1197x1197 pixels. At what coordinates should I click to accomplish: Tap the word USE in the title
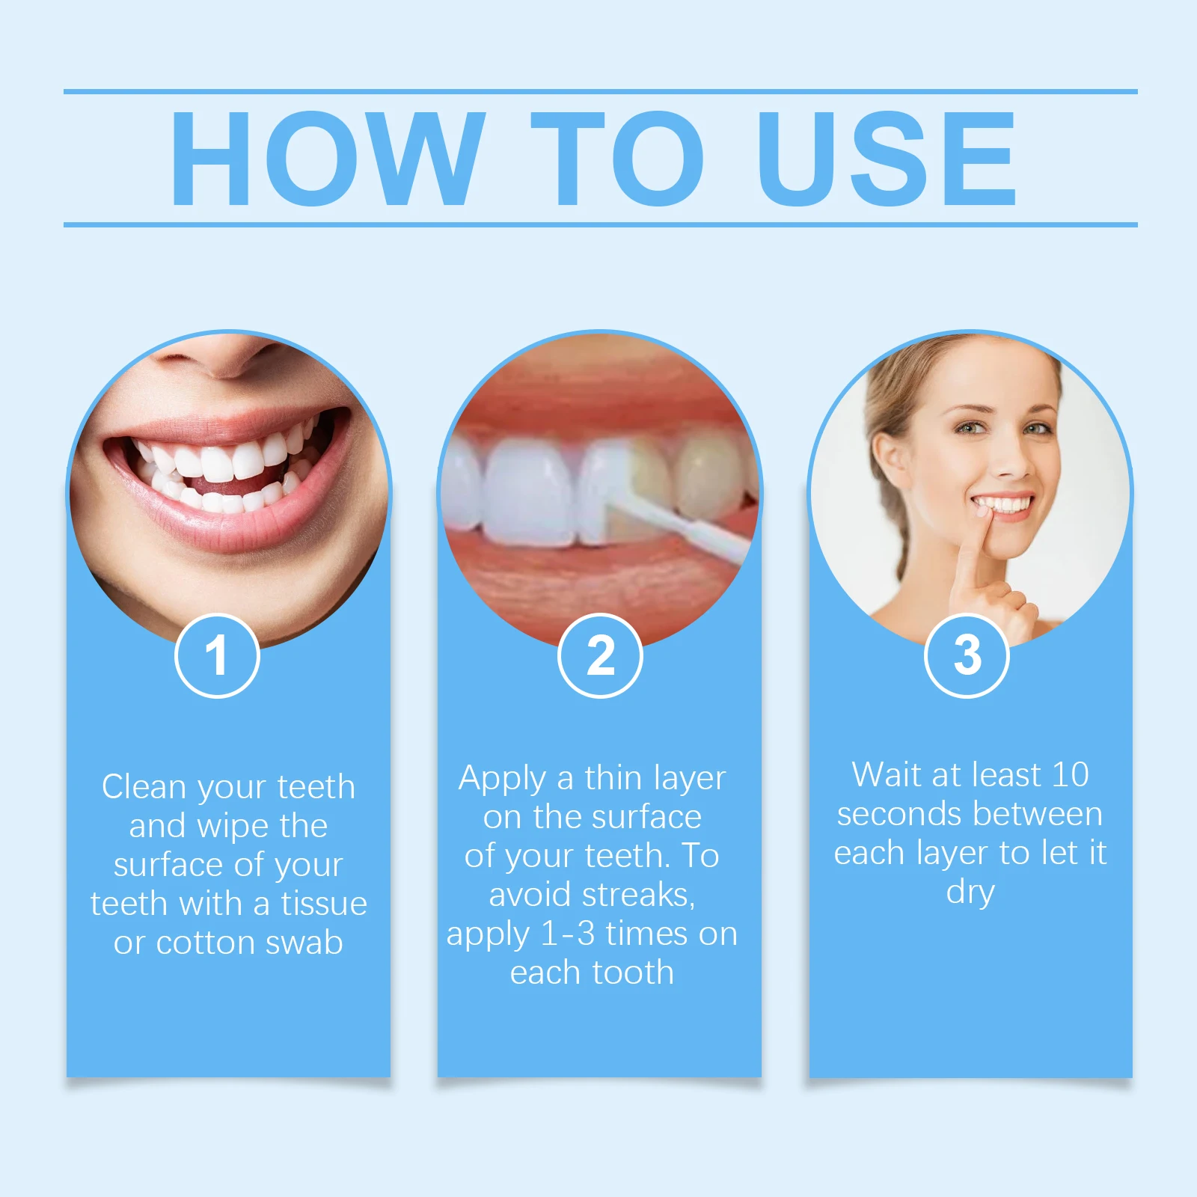click(887, 158)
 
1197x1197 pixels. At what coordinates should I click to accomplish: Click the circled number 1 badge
click(217, 655)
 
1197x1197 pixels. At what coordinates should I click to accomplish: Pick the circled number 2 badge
click(600, 655)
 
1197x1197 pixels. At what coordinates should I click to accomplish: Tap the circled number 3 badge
click(967, 655)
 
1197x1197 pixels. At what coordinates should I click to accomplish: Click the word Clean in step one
click(144, 787)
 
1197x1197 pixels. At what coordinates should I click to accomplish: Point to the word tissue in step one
click(324, 904)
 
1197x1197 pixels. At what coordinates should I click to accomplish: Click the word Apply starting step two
click(502, 780)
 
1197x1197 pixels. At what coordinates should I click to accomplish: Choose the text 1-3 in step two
click(568, 934)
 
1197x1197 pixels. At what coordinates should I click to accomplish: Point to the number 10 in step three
click(1070, 775)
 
